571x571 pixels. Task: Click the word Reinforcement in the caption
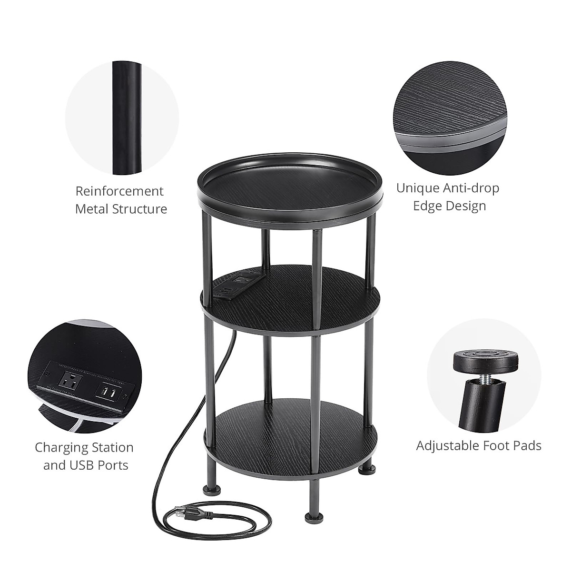pyautogui.click(x=119, y=191)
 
